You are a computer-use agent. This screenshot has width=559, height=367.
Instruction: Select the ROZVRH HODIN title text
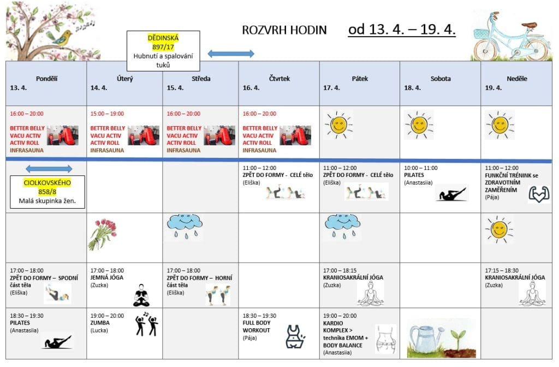coord(284,30)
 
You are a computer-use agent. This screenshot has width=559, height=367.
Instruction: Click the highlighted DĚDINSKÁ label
coord(163,38)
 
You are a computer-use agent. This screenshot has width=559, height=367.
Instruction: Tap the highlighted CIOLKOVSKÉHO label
coord(48,182)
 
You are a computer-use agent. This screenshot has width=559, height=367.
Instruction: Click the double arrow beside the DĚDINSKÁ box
coord(231,54)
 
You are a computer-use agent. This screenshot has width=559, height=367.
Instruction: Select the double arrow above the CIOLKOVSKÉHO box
coord(49,169)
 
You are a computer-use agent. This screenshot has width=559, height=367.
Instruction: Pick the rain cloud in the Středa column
coord(184,226)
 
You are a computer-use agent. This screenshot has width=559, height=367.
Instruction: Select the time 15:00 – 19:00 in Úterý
coord(107,114)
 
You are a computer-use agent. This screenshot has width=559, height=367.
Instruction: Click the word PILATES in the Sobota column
coord(414,175)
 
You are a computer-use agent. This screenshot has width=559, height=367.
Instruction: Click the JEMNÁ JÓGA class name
coord(107,277)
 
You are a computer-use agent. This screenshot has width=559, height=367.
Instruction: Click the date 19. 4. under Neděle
coord(493,87)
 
